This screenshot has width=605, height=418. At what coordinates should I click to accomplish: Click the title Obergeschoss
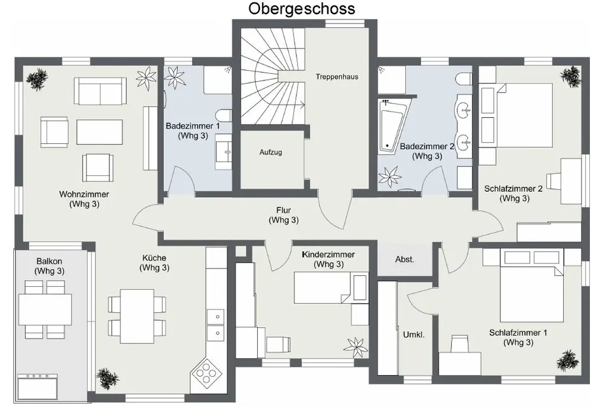tap(301, 9)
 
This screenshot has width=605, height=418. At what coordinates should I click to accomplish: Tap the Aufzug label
tap(271, 152)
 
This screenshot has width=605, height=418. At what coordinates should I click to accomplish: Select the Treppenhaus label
tap(337, 77)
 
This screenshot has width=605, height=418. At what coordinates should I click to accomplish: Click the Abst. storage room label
tap(405, 260)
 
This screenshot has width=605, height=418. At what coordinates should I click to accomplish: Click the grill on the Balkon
tap(39, 385)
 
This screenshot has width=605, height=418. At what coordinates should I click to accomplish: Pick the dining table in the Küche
tap(136, 315)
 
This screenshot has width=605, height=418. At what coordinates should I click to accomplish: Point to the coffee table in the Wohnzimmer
tap(100, 131)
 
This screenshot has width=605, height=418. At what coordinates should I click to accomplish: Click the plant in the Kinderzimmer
tap(353, 347)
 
